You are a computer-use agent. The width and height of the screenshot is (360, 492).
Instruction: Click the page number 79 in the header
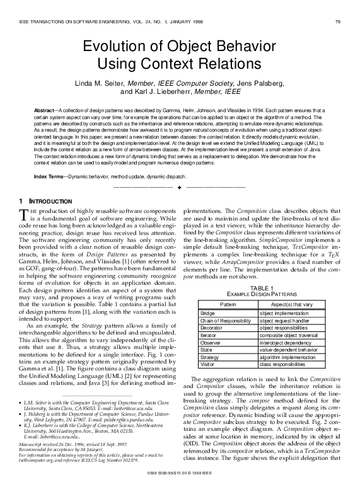tap(338, 23)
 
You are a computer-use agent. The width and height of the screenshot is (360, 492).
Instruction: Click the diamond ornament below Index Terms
tap(180, 188)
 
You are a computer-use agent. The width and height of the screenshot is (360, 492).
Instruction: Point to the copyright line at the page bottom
tap(180, 487)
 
